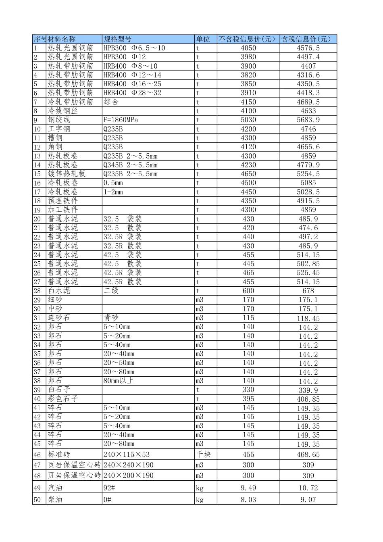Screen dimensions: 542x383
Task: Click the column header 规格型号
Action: [x=117, y=39]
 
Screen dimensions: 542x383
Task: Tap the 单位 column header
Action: [x=203, y=39]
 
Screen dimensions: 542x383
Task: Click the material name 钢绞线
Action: [x=59, y=120]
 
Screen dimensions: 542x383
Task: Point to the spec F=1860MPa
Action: [x=121, y=120]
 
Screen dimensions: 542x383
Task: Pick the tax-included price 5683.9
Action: [x=308, y=120]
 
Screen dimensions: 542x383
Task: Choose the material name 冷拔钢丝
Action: [x=63, y=111]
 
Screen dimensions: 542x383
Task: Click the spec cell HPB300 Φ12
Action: [x=125, y=57]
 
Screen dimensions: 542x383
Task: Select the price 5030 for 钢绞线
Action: [x=248, y=120]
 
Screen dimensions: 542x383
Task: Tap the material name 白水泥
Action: [x=59, y=291]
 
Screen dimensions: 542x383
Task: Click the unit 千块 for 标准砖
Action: [x=204, y=454]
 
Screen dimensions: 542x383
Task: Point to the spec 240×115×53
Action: [x=126, y=454]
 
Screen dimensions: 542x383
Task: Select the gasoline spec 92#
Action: [x=109, y=488]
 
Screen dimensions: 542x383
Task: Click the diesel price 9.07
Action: [x=308, y=500]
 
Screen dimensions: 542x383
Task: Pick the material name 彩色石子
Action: [x=63, y=398]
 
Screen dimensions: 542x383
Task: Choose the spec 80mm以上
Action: [x=119, y=381]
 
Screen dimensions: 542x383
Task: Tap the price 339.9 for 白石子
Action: [x=308, y=390]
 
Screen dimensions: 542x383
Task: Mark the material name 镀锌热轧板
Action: [x=67, y=174]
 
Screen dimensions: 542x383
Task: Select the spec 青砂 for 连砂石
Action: [x=111, y=318]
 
